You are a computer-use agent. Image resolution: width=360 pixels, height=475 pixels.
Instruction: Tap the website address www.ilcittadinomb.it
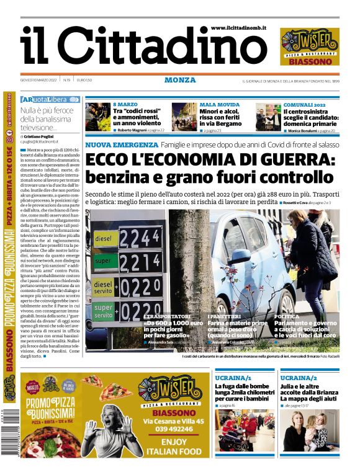238,28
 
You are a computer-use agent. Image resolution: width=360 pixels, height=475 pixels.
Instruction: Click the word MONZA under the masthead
180,80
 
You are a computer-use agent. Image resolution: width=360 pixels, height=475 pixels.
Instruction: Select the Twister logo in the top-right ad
309,43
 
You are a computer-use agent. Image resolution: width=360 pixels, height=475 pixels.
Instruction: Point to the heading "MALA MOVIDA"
218,105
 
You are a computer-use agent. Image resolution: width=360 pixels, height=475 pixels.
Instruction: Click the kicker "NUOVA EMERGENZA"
120,144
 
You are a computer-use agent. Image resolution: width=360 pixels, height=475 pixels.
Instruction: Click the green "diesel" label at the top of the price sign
103,238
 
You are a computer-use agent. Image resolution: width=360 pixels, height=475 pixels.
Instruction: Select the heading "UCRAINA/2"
299,378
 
